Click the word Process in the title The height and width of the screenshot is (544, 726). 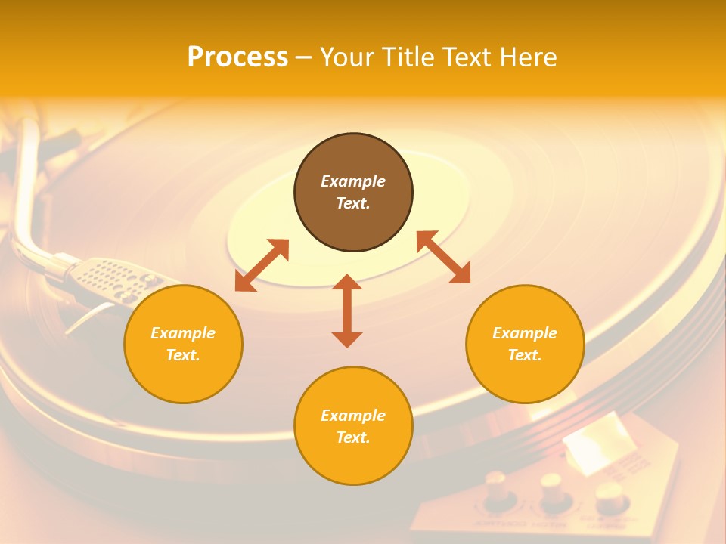[237, 57]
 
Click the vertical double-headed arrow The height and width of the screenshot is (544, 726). [347, 311]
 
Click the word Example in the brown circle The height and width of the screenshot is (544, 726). [353, 181]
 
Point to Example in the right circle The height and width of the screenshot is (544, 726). [525, 333]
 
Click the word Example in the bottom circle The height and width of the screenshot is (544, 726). [353, 416]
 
